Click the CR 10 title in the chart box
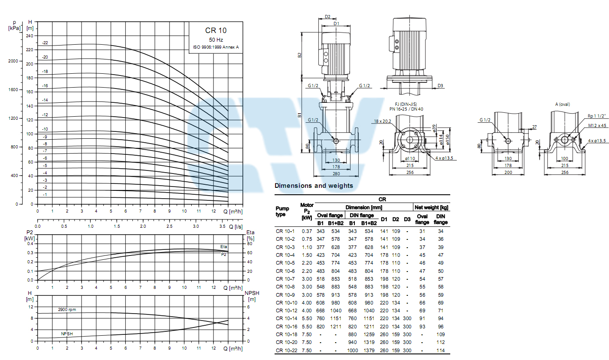[x=216, y=30]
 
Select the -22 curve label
[x=45, y=43]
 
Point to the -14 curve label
[x=45, y=100]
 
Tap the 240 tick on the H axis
[x=29, y=36]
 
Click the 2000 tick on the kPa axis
[x=13, y=61]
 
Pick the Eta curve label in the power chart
[x=223, y=247]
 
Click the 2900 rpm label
[x=67, y=309]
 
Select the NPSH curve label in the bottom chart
[x=67, y=334]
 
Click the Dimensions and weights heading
[x=314, y=186]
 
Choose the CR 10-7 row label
[x=285, y=279]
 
